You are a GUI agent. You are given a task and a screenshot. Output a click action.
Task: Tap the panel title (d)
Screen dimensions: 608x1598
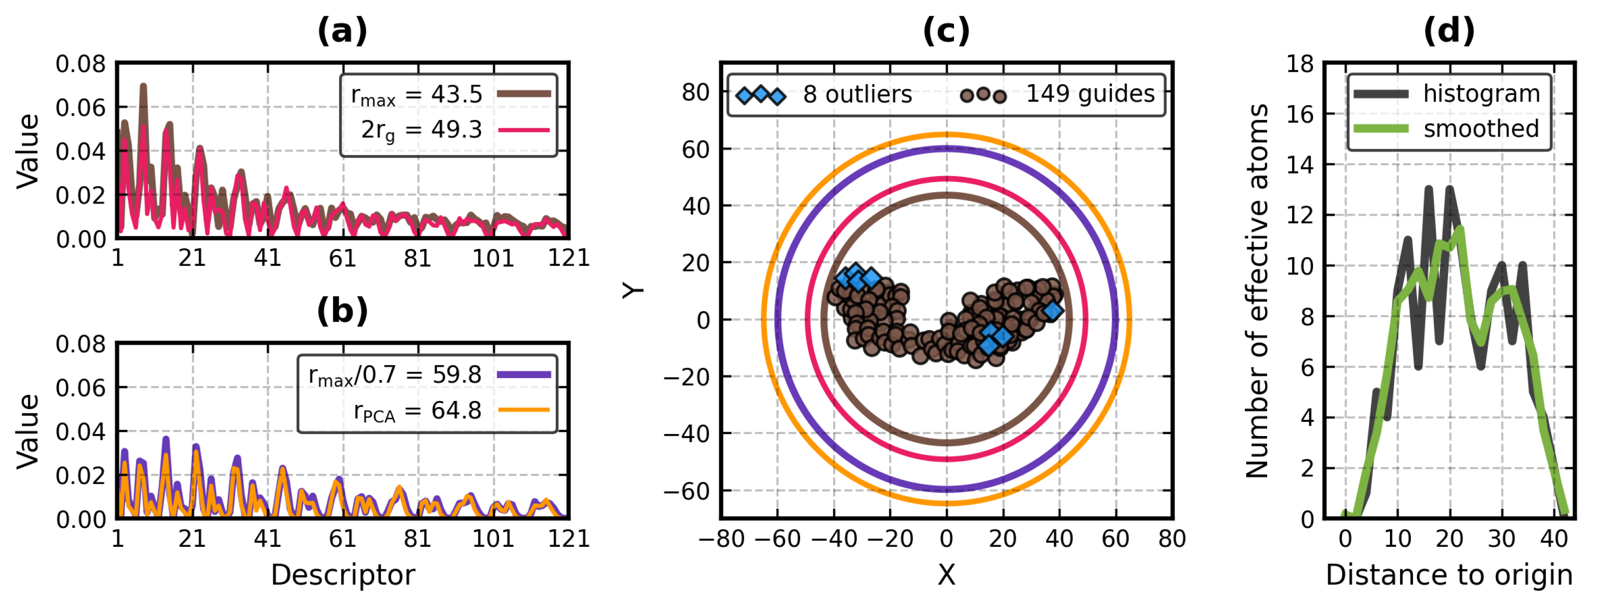[x=1449, y=31]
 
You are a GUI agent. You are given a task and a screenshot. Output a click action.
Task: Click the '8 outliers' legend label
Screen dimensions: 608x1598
[x=857, y=94]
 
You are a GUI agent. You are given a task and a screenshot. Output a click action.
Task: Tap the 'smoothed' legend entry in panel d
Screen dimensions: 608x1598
[x=1481, y=129]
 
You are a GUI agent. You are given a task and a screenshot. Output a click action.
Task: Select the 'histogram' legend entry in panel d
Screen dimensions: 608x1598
[x=1481, y=94]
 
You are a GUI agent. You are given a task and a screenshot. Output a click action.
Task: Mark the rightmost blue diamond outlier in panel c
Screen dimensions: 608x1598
[x=1053, y=311]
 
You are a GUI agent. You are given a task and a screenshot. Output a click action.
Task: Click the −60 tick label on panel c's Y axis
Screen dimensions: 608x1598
[x=687, y=491]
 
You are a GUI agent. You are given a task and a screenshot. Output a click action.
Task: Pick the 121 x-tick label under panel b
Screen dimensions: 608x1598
[x=568, y=539]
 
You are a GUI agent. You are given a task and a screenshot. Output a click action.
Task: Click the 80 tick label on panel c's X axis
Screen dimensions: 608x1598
[x=1171, y=539]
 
